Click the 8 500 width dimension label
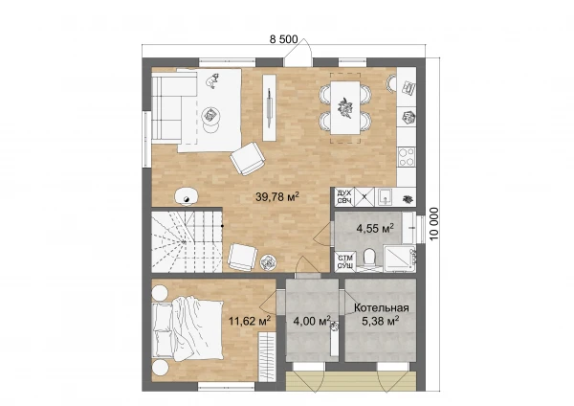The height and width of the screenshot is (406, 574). (284, 39)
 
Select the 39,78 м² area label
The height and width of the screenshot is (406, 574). (277, 196)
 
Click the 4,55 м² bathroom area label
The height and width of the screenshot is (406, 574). (375, 228)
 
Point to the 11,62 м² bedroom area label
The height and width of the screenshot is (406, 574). (250, 321)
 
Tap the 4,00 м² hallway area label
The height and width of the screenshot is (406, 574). (312, 321)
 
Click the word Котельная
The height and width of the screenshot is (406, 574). (381, 307)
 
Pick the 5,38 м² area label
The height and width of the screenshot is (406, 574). (381, 321)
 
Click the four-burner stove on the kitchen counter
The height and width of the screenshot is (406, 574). (407, 157)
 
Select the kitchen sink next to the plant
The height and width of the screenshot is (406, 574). (385, 196)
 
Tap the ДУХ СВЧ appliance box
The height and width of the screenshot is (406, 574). (344, 196)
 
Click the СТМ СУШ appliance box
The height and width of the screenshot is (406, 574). (344, 261)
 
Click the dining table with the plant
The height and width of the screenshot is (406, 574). (344, 107)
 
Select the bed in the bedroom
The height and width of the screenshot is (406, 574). (188, 328)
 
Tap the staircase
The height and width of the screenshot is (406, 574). (187, 241)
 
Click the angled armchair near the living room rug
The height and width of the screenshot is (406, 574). (248, 158)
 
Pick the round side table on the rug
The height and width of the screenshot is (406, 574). (210, 115)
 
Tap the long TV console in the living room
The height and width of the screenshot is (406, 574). (269, 107)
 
